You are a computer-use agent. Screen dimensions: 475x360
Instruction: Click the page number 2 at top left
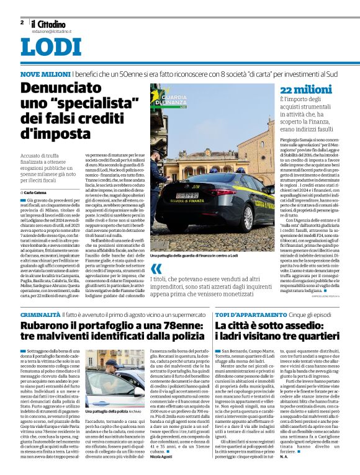click(22, 23)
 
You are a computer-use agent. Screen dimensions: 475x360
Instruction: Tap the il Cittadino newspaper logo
click(49, 24)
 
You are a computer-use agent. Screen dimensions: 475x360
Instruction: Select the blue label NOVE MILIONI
click(45, 74)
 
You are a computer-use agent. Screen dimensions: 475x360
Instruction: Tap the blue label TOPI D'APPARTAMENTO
click(246, 316)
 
